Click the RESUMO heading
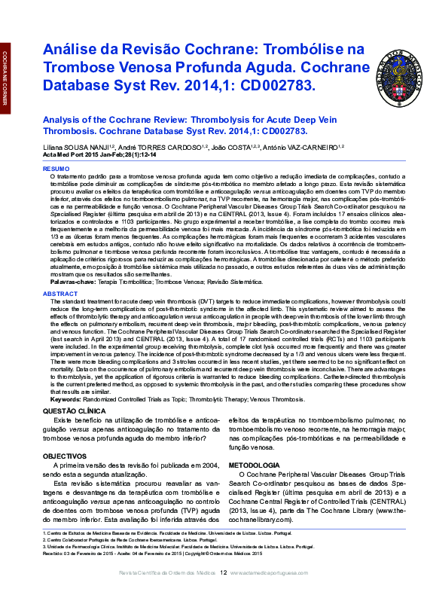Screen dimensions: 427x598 55,169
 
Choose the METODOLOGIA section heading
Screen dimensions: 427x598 254,465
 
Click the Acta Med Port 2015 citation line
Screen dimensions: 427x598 99,155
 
